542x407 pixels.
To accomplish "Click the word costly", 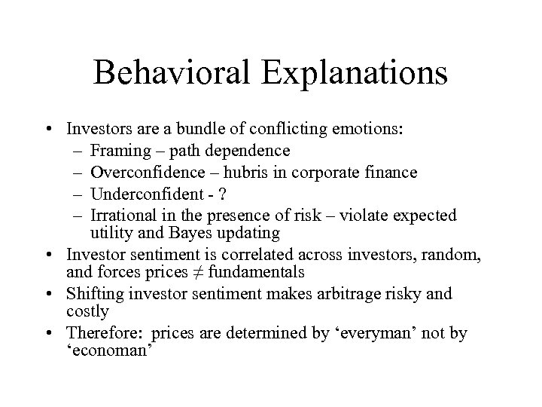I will [88, 311].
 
